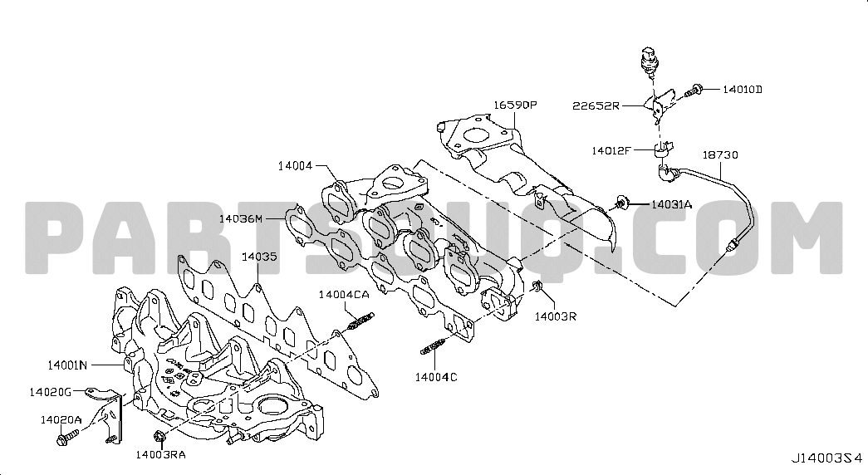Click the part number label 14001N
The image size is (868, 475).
pyautogui.click(x=67, y=365)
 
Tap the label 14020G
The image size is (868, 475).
pyautogui.click(x=51, y=393)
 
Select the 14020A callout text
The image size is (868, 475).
pyautogui.click(x=61, y=420)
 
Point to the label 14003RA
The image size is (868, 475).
pyautogui.click(x=160, y=455)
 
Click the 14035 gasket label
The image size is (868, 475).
pyautogui.click(x=259, y=257)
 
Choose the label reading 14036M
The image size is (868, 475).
pyautogui.click(x=241, y=218)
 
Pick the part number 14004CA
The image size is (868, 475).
pyautogui.click(x=343, y=295)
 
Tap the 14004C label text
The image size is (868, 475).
pyautogui.click(x=436, y=378)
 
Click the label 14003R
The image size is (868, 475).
pyautogui.click(x=555, y=316)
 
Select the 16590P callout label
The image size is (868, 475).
pyautogui.click(x=515, y=105)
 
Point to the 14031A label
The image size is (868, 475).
pyautogui.click(x=671, y=204)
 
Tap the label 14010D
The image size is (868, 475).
pyautogui.click(x=743, y=89)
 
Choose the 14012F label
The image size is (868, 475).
pyautogui.click(x=611, y=150)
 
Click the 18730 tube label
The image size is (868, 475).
pyautogui.click(x=720, y=155)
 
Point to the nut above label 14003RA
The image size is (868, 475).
pyautogui.click(x=158, y=436)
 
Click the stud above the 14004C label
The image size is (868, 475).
pyautogui.click(x=435, y=346)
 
